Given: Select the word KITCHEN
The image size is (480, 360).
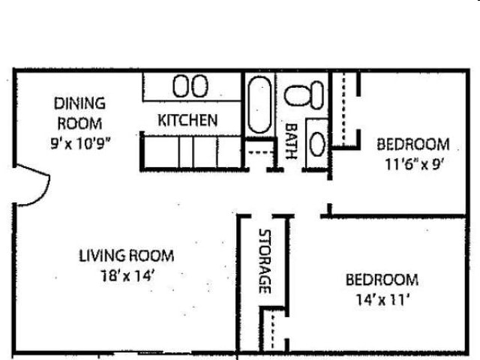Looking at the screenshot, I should pyautogui.click(x=187, y=120).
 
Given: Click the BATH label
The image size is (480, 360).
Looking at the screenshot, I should pyautogui.click(x=292, y=141).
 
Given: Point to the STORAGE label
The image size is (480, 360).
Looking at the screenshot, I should pyautogui.click(x=264, y=261).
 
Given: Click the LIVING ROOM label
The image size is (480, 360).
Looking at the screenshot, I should pyautogui.click(x=126, y=255).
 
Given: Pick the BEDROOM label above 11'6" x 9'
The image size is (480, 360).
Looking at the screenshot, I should pyautogui.click(x=412, y=143).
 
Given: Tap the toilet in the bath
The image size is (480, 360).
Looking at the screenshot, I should pyautogui.click(x=306, y=94).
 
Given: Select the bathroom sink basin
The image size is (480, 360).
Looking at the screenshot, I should pyautogui.click(x=318, y=142).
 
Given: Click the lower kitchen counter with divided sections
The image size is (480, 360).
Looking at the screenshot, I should pyautogui.click(x=190, y=151).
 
